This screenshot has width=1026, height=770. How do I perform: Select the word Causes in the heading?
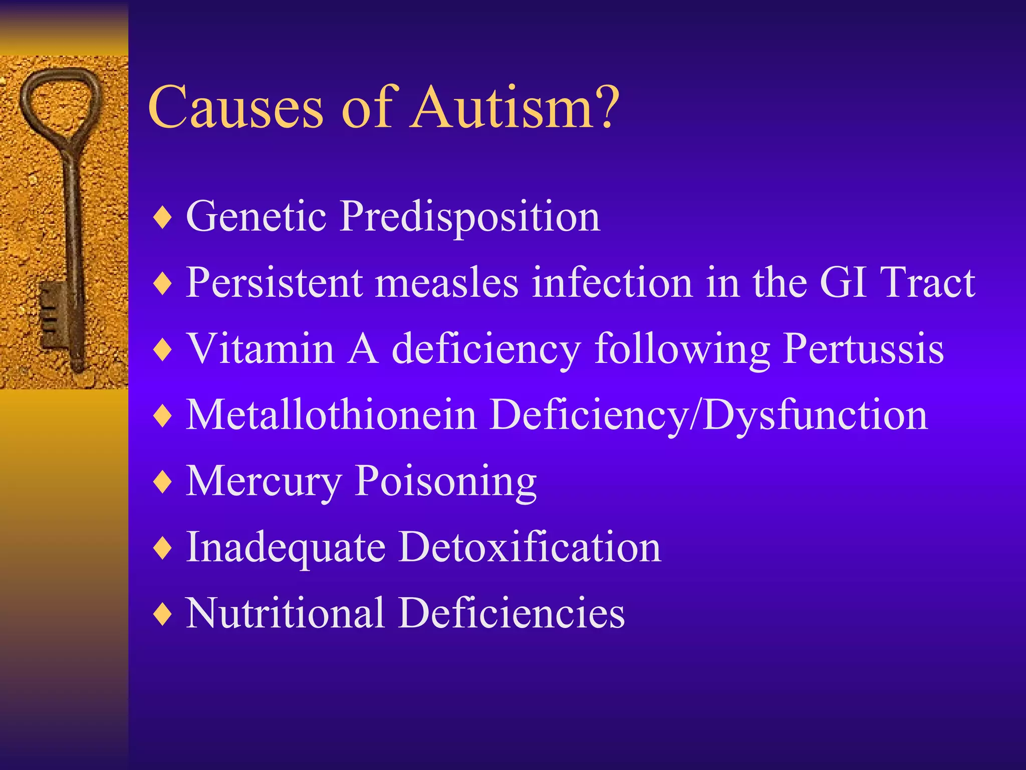pyautogui.click(x=236, y=108)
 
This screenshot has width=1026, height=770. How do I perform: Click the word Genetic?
pyautogui.click(x=256, y=217)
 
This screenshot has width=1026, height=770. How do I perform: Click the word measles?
pyautogui.click(x=447, y=283)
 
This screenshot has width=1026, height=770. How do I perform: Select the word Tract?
pyautogui.click(x=927, y=283)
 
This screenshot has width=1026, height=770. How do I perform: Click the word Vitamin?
pyautogui.click(x=260, y=349)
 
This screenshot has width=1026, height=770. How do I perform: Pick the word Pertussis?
pyautogui.click(x=864, y=349)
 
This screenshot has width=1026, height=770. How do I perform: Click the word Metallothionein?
pyautogui.click(x=331, y=415)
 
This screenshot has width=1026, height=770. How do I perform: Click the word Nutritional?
pyautogui.click(x=285, y=613)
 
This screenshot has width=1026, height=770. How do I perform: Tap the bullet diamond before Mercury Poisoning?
pyautogui.click(x=163, y=482)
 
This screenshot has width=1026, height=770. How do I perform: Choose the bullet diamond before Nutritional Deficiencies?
pyautogui.click(x=163, y=614)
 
